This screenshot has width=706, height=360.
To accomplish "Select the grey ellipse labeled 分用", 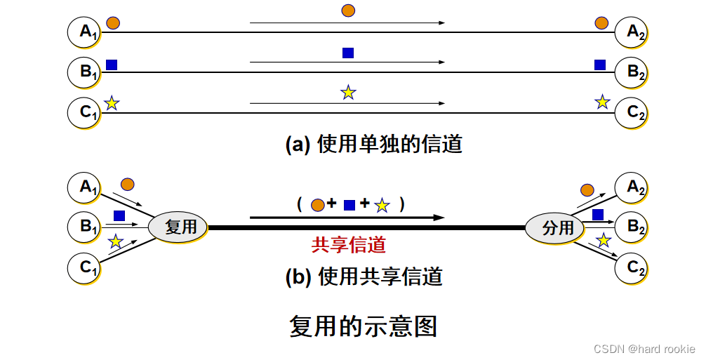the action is (x=554, y=227).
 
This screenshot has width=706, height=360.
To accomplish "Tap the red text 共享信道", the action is (x=349, y=246).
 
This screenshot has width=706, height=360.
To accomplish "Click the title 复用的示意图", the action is (x=364, y=327).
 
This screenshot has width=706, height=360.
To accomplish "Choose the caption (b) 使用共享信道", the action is (x=364, y=276).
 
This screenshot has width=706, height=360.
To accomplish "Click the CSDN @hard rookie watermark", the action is (x=644, y=349).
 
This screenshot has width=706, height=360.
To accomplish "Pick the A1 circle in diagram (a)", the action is (x=85, y=32).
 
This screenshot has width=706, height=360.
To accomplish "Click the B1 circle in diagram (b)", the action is (x=85, y=227).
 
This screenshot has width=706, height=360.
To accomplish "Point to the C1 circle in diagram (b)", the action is (x=85, y=267).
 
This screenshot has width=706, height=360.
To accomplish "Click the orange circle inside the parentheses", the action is (x=317, y=205).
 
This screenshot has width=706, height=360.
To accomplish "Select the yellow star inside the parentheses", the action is (x=382, y=206).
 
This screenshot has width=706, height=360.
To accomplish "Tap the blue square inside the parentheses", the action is (x=349, y=205).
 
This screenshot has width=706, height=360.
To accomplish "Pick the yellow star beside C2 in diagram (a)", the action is (x=602, y=102).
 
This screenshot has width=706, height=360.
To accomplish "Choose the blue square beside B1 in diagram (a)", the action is (x=112, y=65).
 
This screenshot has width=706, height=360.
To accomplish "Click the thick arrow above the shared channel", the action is (x=347, y=218).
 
